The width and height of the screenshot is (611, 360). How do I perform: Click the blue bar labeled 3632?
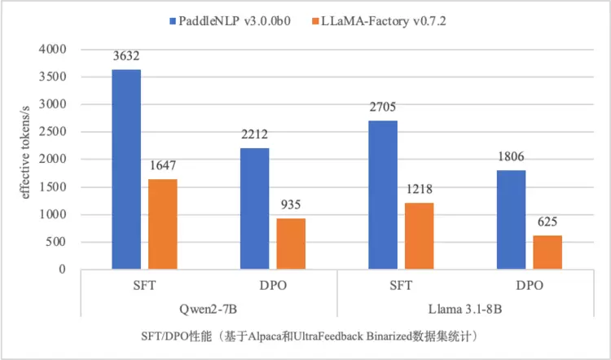tap(126, 169)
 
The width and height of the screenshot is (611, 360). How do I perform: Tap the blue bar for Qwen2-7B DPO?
tap(255, 209)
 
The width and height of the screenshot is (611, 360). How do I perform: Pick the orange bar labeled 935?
tap(291, 244)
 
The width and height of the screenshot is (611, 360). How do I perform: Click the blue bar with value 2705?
tap(383, 195)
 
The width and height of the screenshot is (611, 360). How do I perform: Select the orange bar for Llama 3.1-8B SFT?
tap(419, 236)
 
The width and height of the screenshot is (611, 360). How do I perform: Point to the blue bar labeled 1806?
tap(512, 220)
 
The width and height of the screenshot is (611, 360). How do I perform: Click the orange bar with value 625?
tap(547, 252)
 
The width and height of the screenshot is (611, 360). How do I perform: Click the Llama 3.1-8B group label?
tap(465, 309)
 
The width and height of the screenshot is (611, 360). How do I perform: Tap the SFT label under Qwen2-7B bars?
tap(144, 287)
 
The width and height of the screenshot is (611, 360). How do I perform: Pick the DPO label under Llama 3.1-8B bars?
tap(530, 287)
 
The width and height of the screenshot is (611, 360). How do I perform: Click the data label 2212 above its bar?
tap(255, 135)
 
